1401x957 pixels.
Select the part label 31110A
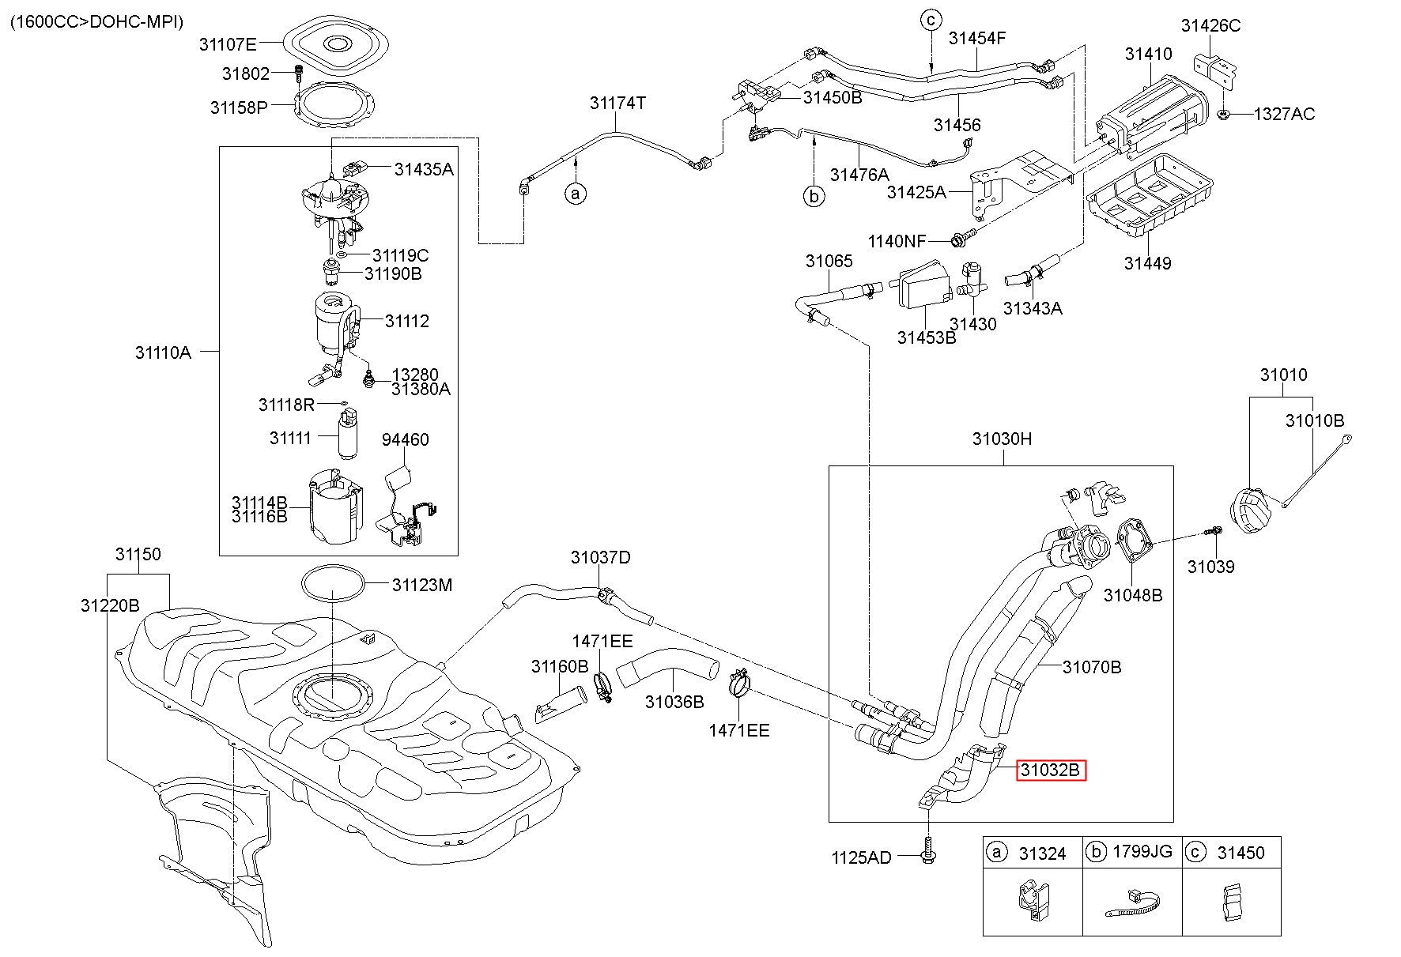(x=163, y=352)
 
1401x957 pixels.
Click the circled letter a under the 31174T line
(x=576, y=193)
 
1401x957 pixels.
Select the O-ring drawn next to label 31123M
(x=334, y=586)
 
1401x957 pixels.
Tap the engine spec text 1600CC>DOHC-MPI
(x=96, y=21)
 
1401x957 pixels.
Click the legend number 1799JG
(x=1142, y=852)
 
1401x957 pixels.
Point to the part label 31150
(x=138, y=555)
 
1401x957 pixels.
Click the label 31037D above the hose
(x=601, y=558)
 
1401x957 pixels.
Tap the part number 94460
(x=406, y=439)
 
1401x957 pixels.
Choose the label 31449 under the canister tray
(x=1148, y=263)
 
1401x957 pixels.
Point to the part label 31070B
(x=1092, y=668)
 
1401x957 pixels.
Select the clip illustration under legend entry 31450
(x=1232, y=902)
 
